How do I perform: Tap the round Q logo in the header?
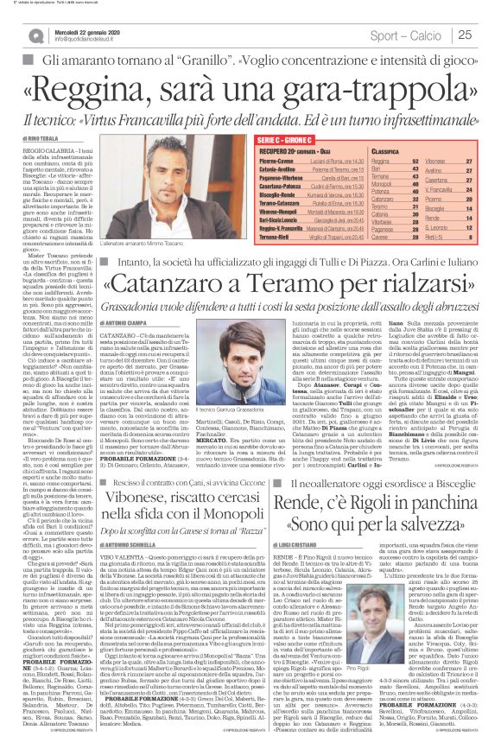pyautogui.click(x=35, y=35)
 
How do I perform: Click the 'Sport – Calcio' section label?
pyautogui.click(x=409, y=35)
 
